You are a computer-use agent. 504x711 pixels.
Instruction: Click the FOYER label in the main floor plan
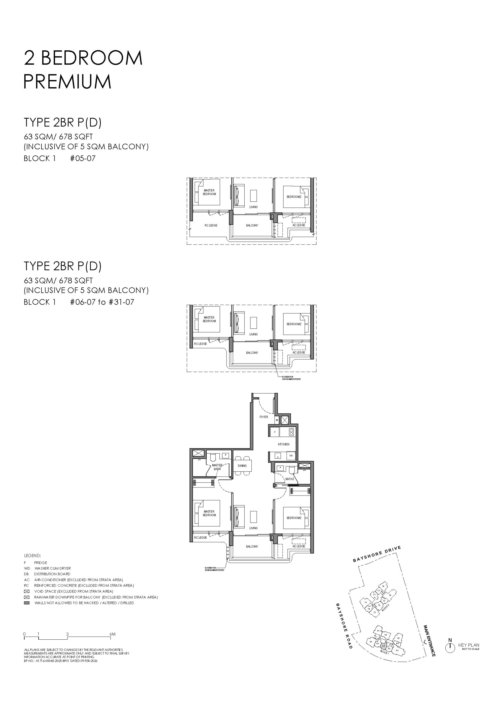click(264, 417)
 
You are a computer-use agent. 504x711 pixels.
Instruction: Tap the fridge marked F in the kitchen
click(274, 432)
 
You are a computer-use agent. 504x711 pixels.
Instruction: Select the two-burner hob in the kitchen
click(291, 432)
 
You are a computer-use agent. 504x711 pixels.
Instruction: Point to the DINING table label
click(242, 466)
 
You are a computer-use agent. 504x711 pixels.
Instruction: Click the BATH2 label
click(290, 479)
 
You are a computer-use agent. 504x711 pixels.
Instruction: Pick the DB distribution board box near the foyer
click(277, 420)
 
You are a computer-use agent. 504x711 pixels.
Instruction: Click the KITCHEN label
click(283, 444)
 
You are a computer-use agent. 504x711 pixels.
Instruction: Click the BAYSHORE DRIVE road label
click(377, 554)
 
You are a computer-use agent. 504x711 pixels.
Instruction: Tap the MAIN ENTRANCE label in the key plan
click(429, 640)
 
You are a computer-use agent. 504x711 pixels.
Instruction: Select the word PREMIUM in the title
click(67, 82)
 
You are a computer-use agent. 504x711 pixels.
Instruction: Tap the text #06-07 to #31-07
click(102, 302)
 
